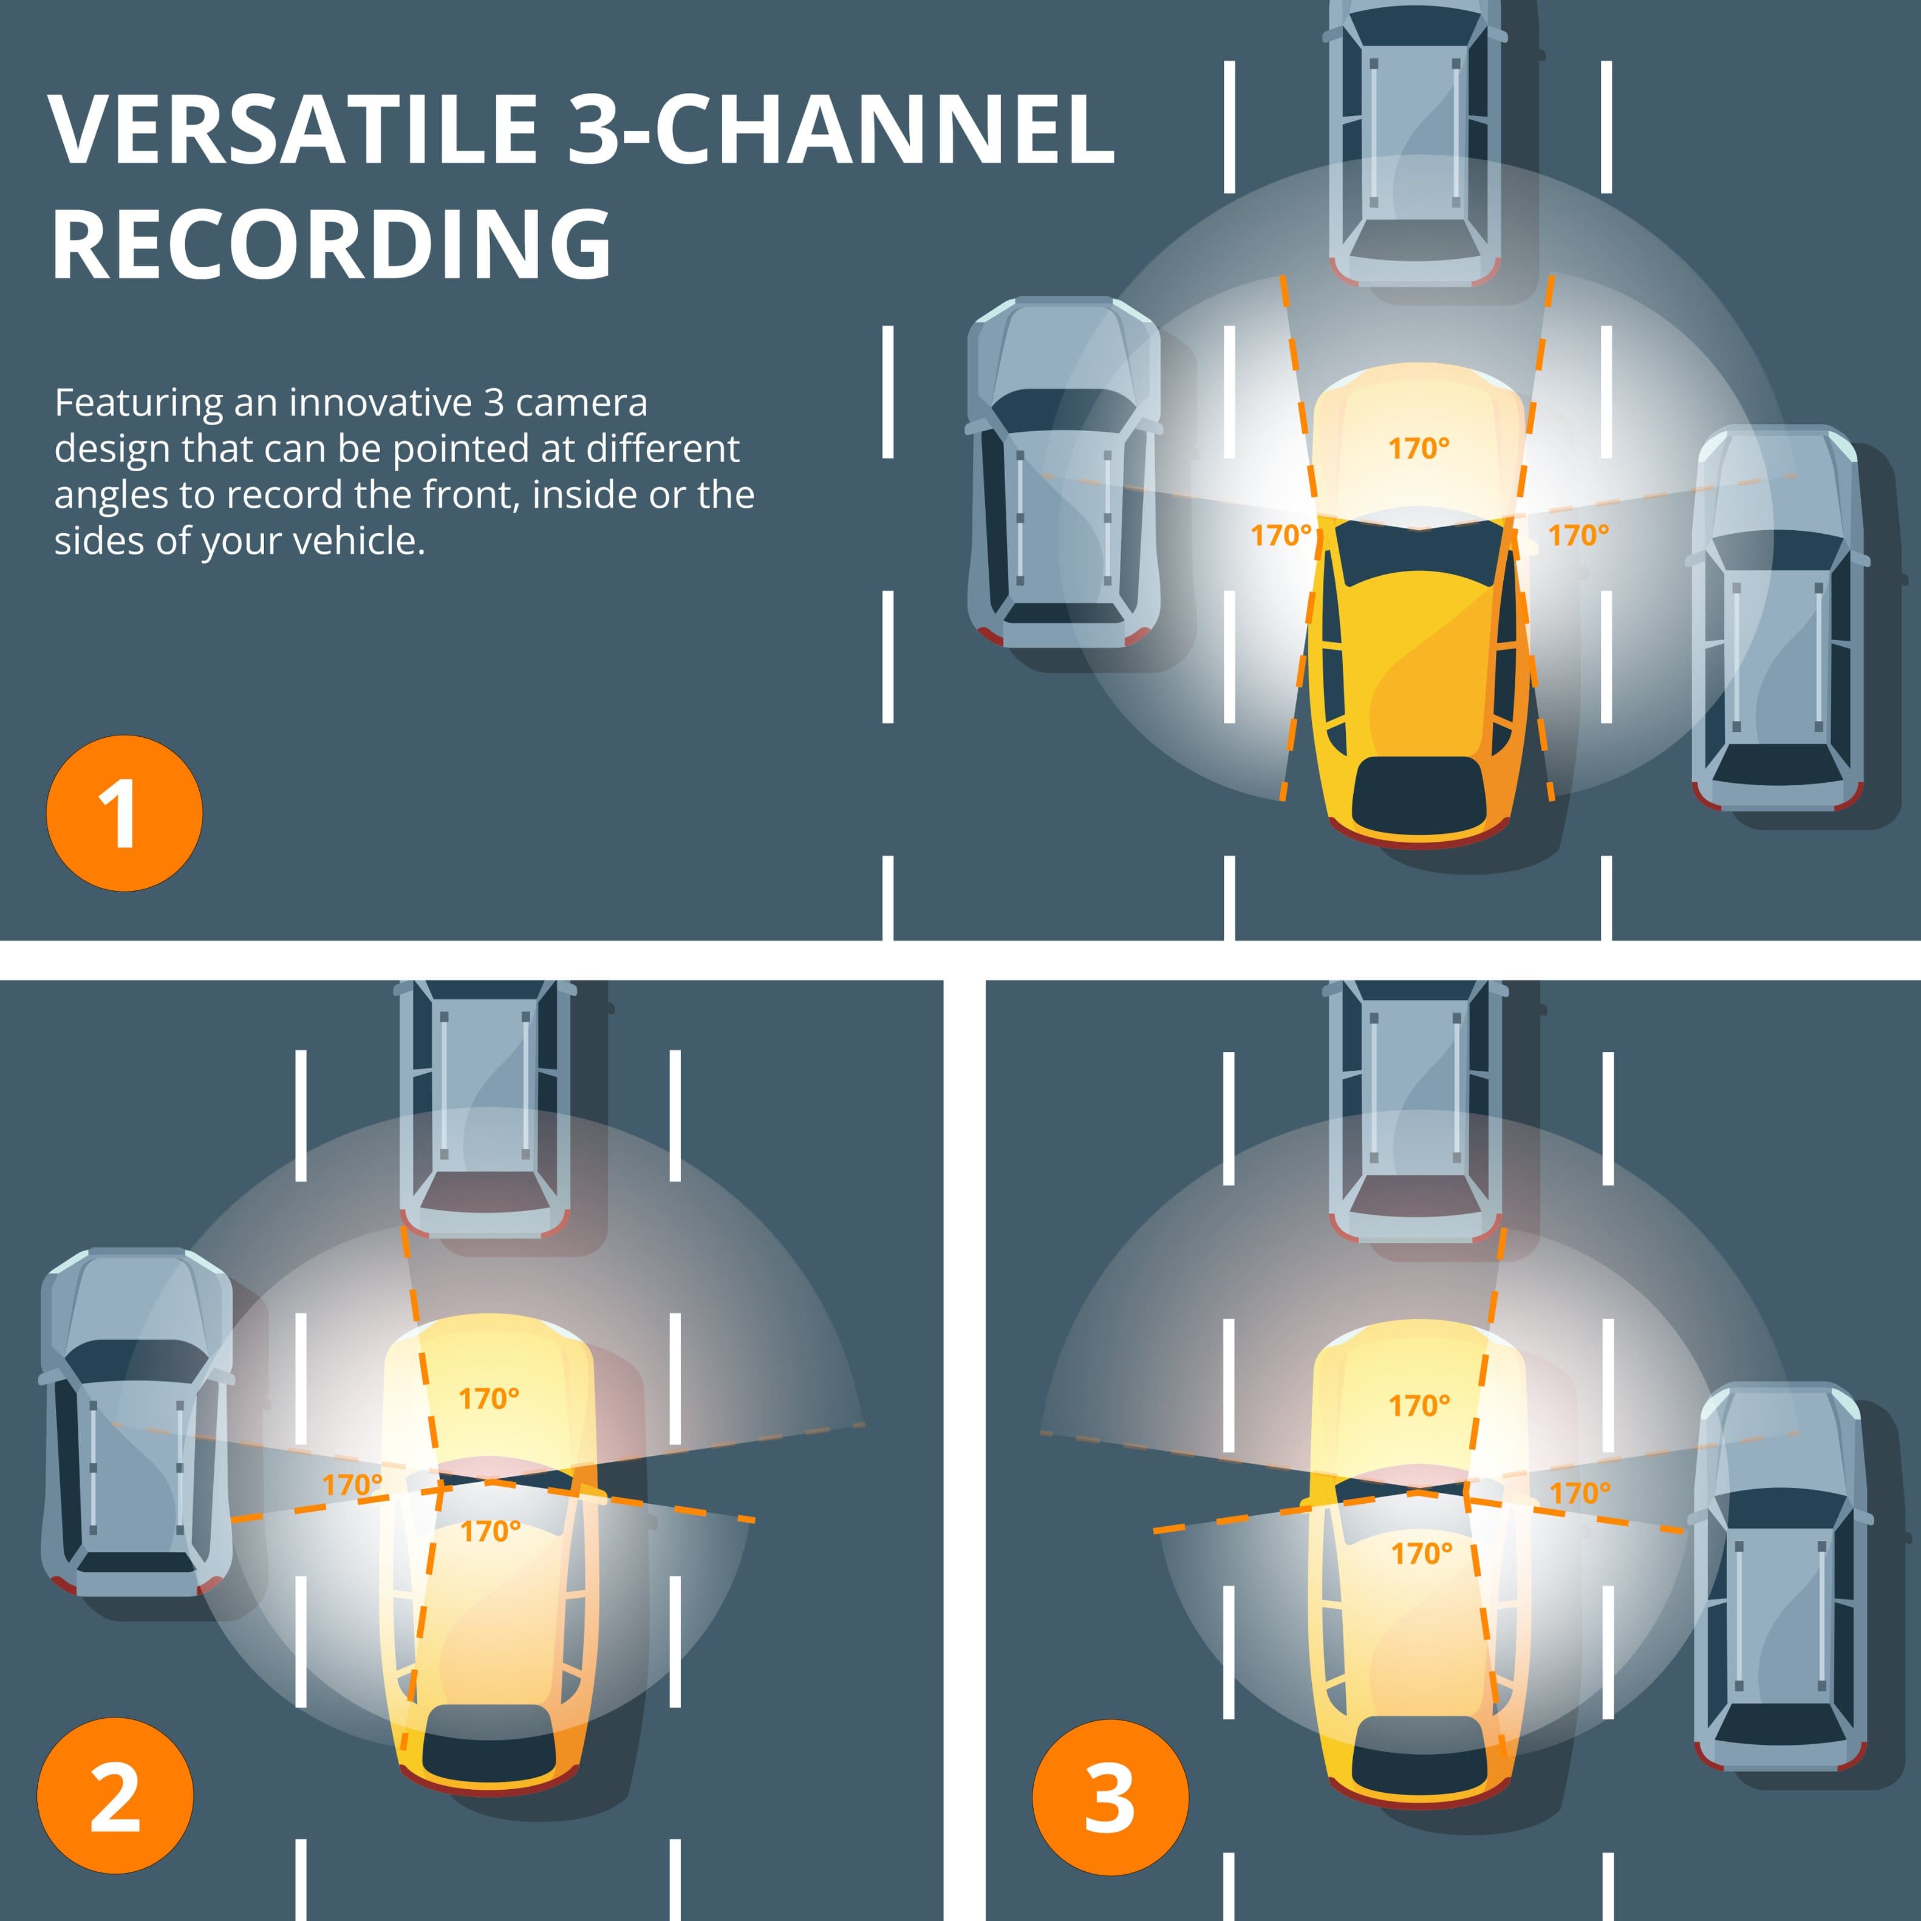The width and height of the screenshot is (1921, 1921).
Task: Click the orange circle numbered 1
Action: pyautogui.click(x=125, y=813)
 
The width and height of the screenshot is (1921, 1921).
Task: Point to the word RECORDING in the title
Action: pyautogui.click(x=331, y=245)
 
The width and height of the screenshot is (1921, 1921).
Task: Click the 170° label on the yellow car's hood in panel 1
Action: pyautogui.click(x=1419, y=448)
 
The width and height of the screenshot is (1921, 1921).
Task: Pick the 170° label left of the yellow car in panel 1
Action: pyautogui.click(x=1281, y=535)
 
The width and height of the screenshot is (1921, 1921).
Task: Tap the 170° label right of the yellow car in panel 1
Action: pyautogui.click(x=1578, y=535)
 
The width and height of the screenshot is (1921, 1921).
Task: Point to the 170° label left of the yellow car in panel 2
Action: pyautogui.click(x=352, y=1484)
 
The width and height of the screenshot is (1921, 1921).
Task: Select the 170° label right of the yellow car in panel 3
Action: pyautogui.click(x=1579, y=1492)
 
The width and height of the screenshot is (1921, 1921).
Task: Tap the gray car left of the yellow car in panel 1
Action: pyautogui.click(x=1062, y=473)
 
